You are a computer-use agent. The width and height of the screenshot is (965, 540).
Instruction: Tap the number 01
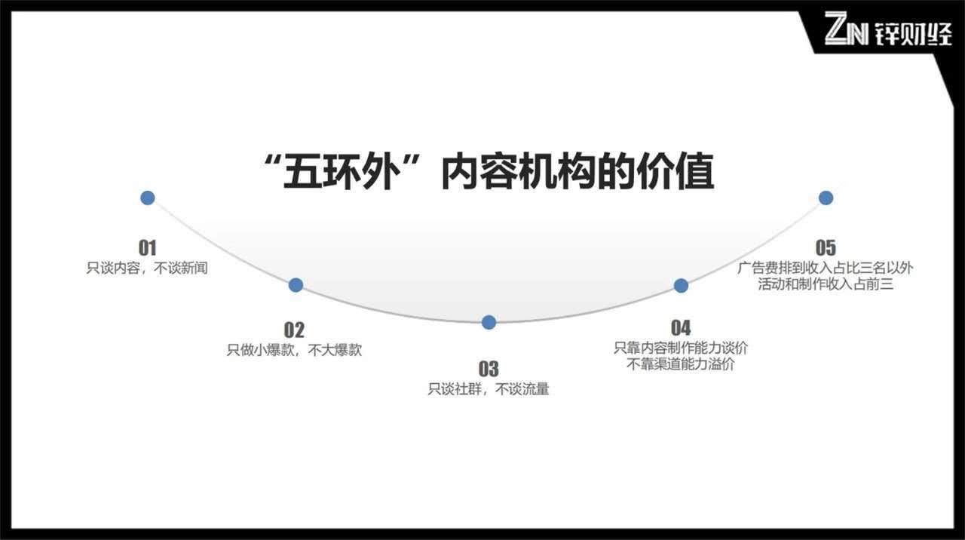point(147,247)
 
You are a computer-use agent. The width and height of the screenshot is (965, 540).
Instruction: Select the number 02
point(294,330)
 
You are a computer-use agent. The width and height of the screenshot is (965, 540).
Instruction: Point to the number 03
point(489,369)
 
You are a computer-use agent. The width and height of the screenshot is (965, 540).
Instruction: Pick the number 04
point(680,327)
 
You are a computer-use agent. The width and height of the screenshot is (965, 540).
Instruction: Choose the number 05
point(826,247)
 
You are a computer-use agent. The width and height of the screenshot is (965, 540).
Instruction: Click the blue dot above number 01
point(148,198)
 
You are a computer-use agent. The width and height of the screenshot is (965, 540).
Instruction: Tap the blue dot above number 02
point(296,285)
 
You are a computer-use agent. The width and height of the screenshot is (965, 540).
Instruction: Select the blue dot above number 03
point(489,322)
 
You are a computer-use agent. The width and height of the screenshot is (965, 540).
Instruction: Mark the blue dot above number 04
point(681,285)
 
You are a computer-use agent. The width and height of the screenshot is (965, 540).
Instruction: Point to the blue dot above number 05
point(826,198)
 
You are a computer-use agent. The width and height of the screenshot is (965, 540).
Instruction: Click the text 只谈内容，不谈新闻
point(147,268)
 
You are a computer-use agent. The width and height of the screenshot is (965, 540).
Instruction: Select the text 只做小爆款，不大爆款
point(294,350)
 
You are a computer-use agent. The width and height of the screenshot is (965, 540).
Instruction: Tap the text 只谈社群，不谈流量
point(489,390)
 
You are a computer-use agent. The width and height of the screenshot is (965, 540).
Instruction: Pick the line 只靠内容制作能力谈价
point(681,348)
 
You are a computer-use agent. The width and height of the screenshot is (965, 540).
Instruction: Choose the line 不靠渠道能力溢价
point(681,364)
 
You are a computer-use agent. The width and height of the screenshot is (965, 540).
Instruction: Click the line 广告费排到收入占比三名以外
point(826,268)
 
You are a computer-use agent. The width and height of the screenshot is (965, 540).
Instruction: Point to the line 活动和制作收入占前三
point(826,284)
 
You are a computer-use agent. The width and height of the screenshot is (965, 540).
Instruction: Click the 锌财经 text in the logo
point(913,32)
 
